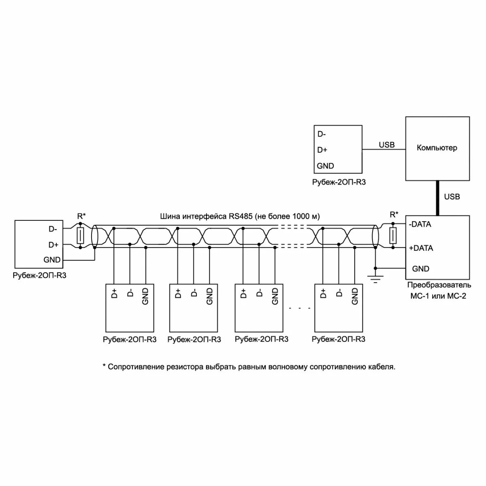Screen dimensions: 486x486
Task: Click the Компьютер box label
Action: [437, 148]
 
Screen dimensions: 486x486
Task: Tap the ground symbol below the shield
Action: [375, 278]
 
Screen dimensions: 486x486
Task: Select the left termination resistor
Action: [80, 235]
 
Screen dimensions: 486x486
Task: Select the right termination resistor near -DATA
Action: [392, 235]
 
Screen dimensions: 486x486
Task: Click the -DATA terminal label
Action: [420, 224]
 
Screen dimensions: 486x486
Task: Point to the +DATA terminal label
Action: [421, 248]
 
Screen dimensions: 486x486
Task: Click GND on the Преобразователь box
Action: [420, 269]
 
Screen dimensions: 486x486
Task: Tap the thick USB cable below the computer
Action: [437, 198]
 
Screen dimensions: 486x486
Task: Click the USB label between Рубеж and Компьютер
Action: [386, 145]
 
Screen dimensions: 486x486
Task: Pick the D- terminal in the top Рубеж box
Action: [322, 134]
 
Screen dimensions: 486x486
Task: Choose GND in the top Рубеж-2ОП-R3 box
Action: [325, 166]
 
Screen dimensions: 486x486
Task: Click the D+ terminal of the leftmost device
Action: [53, 245]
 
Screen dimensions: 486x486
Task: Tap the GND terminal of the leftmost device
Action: [52, 260]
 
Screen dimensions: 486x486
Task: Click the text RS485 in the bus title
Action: [241, 216]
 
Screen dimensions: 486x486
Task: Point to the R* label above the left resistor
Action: [81, 215]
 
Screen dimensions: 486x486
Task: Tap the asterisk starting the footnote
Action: [104, 367]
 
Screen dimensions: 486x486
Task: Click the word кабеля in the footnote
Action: [382, 367]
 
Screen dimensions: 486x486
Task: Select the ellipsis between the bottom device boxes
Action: [300, 309]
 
